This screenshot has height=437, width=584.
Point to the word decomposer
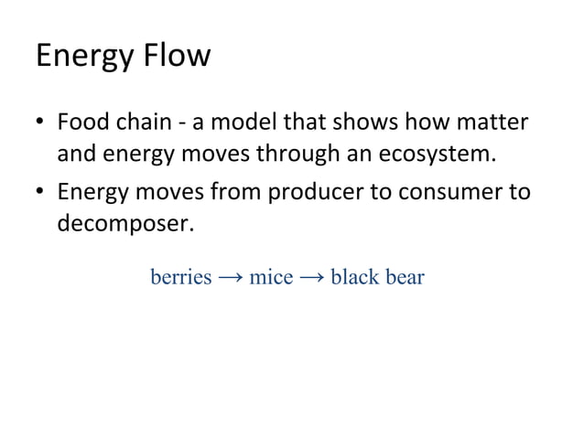tap(125, 225)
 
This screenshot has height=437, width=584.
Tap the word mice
tap(271, 276)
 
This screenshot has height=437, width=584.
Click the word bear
tap(404, 276)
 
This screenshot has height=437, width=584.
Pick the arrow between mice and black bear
tap(311, 276)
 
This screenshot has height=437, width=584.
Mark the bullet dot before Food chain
tap(40, 122)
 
